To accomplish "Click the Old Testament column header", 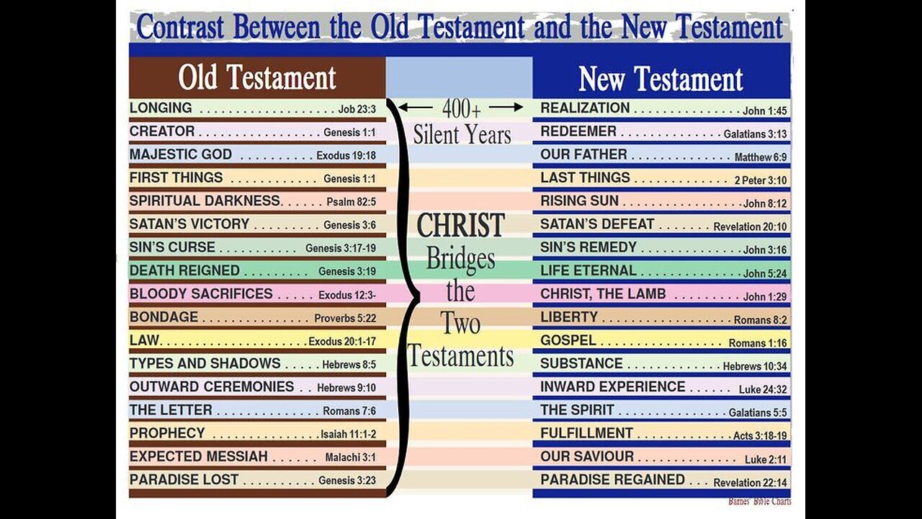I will point(257,78).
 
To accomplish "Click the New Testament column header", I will point(661,79).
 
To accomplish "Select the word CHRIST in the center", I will point(460,226).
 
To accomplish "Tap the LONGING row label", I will point(161,108).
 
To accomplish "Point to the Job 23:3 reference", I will point(357,110).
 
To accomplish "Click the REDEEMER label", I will point(578,131).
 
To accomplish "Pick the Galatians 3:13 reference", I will point(755,133).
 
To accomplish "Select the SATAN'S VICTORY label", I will point(189,224).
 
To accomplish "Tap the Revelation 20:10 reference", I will point(750,226).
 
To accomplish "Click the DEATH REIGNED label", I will point(184,270).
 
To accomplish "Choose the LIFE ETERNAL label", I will point(588,270).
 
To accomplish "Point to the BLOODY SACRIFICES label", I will point(201,293).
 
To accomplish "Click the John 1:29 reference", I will point(765,296).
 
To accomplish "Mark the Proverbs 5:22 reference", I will point(344,318).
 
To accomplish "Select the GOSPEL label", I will point(568,340).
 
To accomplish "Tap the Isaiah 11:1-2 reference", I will point(349,435).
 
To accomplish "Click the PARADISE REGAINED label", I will point(612,479).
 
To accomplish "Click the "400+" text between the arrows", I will point(461,109).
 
